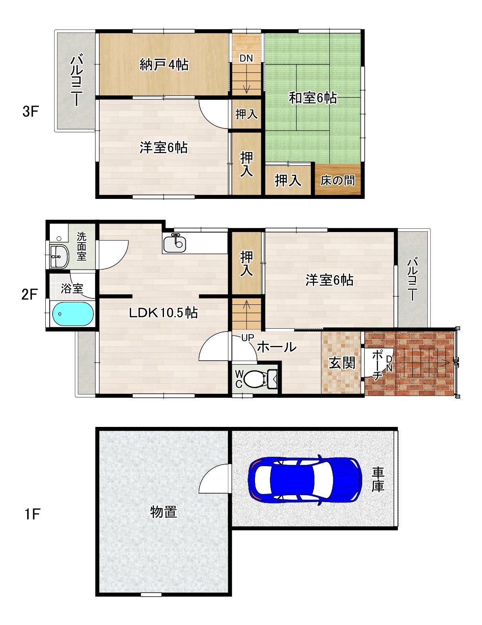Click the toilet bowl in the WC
[x=255, y=379]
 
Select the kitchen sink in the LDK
[x=175, y=243]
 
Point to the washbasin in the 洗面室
[x=59, y=256]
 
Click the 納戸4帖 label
[x=164, y=65]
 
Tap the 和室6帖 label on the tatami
[x=313, y=98]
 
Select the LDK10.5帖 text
[x=163, y=312]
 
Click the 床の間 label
[x=338, y=181]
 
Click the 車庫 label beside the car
[x=378, y=480]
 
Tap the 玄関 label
[x=342, y=363]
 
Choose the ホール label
[x=277, y=347]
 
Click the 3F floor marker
[x=30, y=112]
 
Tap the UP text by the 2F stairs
[x=247, y=338]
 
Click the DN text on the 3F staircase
[x=246, y=58]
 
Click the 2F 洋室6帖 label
[x=330, y=280]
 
